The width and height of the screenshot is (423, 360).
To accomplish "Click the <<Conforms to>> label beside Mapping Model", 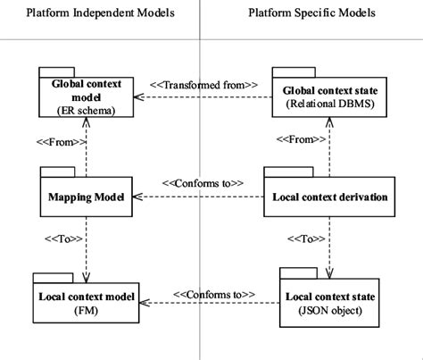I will pos(203,182).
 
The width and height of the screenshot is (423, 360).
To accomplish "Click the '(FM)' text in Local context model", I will pos(87,310).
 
